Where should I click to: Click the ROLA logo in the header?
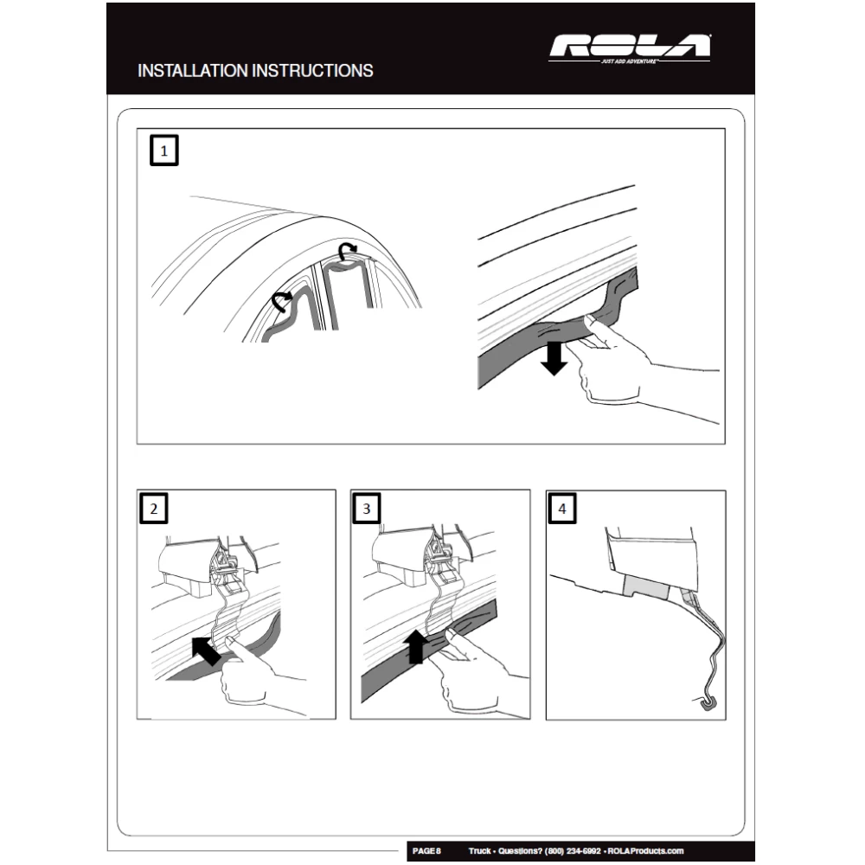(630, 48)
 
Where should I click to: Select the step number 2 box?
(154, 509)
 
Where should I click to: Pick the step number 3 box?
(367, 509)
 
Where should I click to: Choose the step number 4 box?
(562, 509)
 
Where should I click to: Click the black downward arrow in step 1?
(554, 356)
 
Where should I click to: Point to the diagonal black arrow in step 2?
(205, 650)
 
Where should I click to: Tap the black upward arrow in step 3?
(415, 646)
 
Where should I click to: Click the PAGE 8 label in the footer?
(426, 851)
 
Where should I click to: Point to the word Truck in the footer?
(481, 851)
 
